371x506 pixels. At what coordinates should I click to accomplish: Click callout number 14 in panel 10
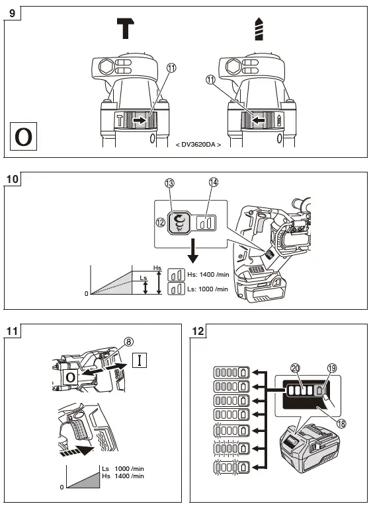coord(213,182)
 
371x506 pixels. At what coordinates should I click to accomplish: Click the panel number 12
coord(201,331)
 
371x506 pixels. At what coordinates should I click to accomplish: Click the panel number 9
coord(13,13)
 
